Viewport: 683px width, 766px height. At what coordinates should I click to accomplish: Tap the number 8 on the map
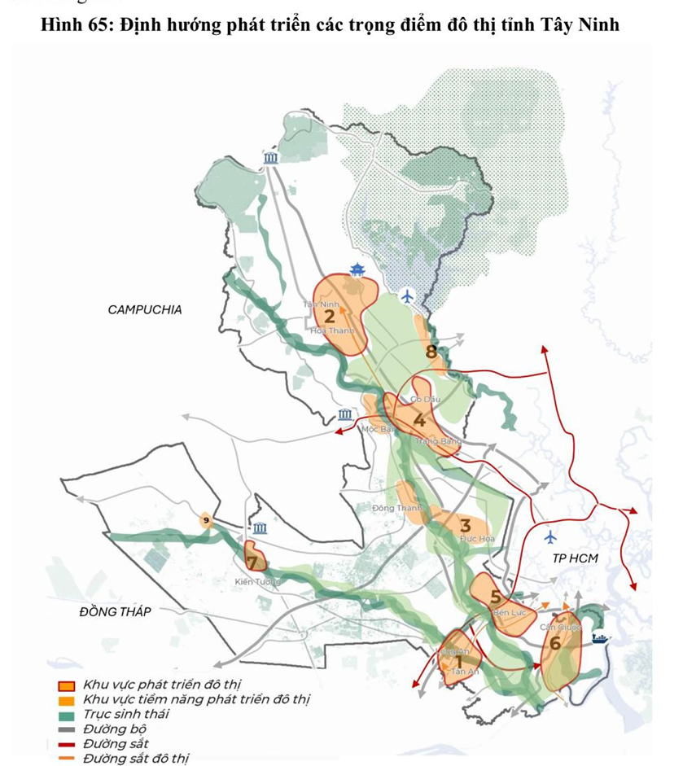tap(431, 352)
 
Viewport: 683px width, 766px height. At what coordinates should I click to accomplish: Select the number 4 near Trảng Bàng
tap(418, 421)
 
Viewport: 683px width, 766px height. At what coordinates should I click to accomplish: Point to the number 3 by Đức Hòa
tap(466, 526)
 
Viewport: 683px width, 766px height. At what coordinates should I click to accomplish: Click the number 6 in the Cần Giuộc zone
tap(555, 642)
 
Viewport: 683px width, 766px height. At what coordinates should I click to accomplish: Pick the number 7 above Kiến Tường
tap(252, 562)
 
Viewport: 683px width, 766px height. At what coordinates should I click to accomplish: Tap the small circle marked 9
tap(207, 520)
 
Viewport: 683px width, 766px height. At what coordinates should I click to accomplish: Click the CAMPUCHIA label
tap(145, 309)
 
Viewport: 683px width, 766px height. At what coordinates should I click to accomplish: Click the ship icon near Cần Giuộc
tap(600, 638)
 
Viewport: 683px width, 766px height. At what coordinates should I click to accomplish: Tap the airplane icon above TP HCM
tap(551, 536)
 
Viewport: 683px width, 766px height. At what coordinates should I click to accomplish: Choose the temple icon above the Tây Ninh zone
tap(357, 270)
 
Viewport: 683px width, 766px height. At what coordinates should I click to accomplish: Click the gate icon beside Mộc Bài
tap(345, 415)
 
